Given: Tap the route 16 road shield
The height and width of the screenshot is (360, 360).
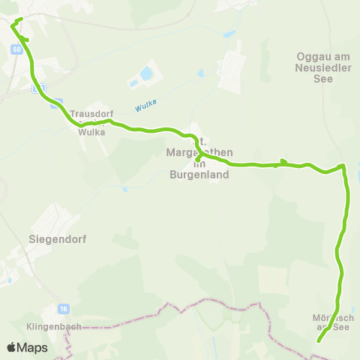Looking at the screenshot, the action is pos(65,308).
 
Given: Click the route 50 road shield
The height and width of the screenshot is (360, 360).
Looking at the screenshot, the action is pos(16,49).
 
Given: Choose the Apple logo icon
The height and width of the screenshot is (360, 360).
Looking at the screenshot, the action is pos(12,348).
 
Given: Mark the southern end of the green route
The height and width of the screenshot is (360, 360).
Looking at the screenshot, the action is pos(319,341).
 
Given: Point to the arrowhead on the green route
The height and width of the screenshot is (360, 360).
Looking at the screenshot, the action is pos(283,161).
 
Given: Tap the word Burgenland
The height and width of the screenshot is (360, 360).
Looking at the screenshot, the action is pos(199,175).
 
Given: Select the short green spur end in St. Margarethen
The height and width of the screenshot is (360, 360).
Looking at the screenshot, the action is pos(197,159).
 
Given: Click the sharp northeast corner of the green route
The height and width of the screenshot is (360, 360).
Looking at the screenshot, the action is pos(343,166).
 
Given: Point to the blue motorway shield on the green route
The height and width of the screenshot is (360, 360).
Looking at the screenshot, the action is pos(42,88).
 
